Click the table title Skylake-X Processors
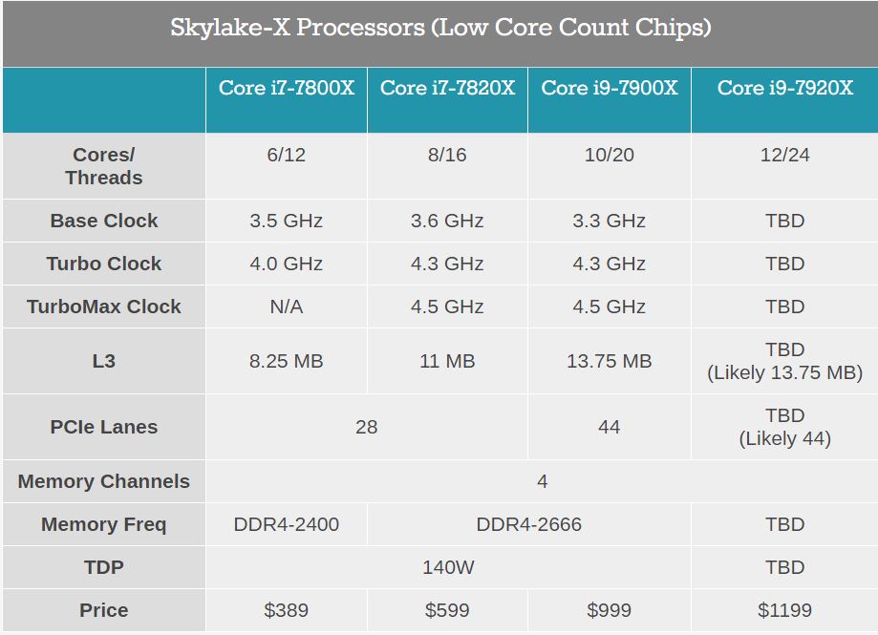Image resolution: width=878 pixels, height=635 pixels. pyautogui.click(x=440, y=28)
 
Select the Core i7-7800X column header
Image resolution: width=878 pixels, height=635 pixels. pyautogui.click(x=287, y=88)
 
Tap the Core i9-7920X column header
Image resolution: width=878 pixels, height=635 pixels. pyautogui.click(x=784, y=88)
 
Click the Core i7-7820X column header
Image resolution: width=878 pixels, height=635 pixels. pyautogui.click(x=447, y=88)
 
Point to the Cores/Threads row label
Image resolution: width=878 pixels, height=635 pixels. pyautogui.click(x=103, y=166)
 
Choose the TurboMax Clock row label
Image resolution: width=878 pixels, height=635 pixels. pyautogui.click(x=103, y=307)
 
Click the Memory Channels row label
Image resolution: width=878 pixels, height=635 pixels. pyautogui.click(x=103, y=481)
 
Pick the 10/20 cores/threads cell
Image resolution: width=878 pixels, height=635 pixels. pyautogui.click(x=609, y=155)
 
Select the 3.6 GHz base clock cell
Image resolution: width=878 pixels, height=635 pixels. pyautogui.click(x=447, y=221)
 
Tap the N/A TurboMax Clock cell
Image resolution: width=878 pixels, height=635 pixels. pyautogui.click(x=287, y=307)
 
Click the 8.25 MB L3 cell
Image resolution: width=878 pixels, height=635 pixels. pyautogui.click(x=287, y=361)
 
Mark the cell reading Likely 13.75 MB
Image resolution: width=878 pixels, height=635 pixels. pyautogui.click(x=784, y=372)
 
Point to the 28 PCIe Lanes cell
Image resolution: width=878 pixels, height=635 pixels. pyautogui.click(x=366, y=427)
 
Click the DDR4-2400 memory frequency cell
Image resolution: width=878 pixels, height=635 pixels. pyautogui.click(x=287, y=524)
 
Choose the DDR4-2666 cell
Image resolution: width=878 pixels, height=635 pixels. pyautogui.click(x=528, y=524)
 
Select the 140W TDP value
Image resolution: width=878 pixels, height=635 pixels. pyautogui.click(x=448, y=567)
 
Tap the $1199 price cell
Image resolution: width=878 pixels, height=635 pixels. pyautogui.click(x=784, y=610)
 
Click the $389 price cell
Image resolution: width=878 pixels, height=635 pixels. pyautogui.click(x=287, y=610)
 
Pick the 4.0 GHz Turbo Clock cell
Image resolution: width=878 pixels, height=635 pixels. pyautogui.click(x=287, y=264)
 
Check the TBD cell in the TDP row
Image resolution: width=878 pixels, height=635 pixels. pyautogui.click(x=784, y=567)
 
